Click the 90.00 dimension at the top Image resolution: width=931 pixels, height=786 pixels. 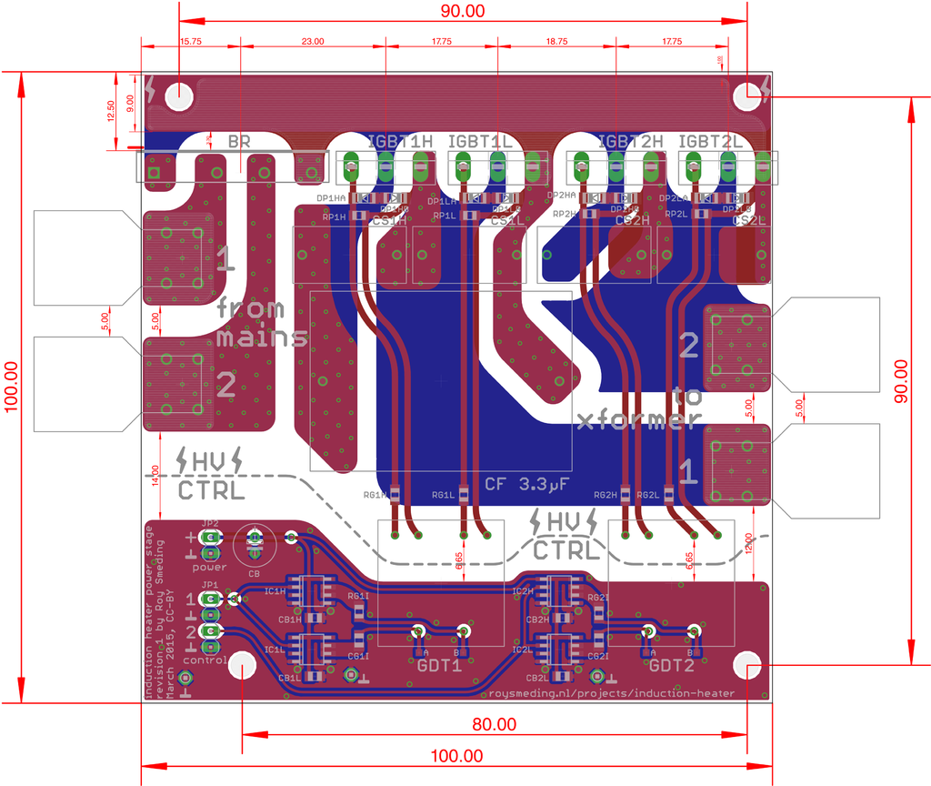pyautogui.click(x=464, y=11)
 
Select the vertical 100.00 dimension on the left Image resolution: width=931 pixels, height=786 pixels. pyautogui.click(x=11, y=387)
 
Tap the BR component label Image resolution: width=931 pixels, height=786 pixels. pyautogui.click(x=239, y=142)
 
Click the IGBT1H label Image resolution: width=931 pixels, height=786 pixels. pyautogui.click(x=400, y=142)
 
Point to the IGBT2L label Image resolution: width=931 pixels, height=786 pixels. pyautogui.click(x=711, y=142)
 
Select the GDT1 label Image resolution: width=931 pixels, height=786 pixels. pyautogui.click(x=440, y=665)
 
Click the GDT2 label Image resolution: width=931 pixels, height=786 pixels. pyautogui.click(x=671, y=665)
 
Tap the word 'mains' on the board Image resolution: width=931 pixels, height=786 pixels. pyautogui.click(x=262, y=338)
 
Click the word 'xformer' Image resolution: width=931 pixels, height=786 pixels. pyautogui.click(x=640, y=419)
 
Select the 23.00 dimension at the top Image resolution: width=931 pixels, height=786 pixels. pyautogui.click(x=312, y=42)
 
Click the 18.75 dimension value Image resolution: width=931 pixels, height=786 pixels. pyautogui.click(x=558, y=42)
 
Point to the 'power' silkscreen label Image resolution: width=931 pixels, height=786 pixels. pyautogui.click(x=209, y=567)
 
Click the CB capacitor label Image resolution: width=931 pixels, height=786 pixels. pyautogui.click(x=254, y=574)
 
